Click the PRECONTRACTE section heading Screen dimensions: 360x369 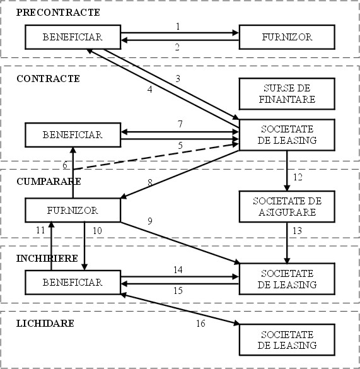(x=58, y=13)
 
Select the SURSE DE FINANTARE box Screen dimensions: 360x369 (x=287, y=93)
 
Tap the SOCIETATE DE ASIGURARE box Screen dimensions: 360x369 (x=287, y=207)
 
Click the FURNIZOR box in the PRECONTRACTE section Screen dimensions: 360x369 (x=287, y=37)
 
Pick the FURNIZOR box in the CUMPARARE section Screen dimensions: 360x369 (x=73, y=210)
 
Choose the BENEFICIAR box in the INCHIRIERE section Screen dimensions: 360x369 (x=73, y=282)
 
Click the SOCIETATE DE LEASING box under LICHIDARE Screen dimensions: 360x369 (x=287, y=339)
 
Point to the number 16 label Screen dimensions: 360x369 (x=200, y=324)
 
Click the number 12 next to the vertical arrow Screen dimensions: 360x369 (x=298, y=177)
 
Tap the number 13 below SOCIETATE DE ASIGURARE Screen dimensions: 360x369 (x=297, y=231)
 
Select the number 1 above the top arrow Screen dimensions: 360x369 (x=178, y=26)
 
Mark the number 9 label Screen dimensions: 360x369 (x=150, y=221)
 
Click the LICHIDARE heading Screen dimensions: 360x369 (x=45, y=324)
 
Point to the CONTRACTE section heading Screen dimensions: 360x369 (x=49, y=79)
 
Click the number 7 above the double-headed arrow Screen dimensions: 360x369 (x=180, y=124)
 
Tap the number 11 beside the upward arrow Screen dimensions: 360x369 (x=40, y=230)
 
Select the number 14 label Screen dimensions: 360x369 (x=178, y=270)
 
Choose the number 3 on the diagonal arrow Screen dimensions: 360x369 (x=178, y=78)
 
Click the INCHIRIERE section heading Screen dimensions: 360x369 (x=47, y=259)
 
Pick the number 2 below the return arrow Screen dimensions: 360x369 (x=177, y=47)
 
